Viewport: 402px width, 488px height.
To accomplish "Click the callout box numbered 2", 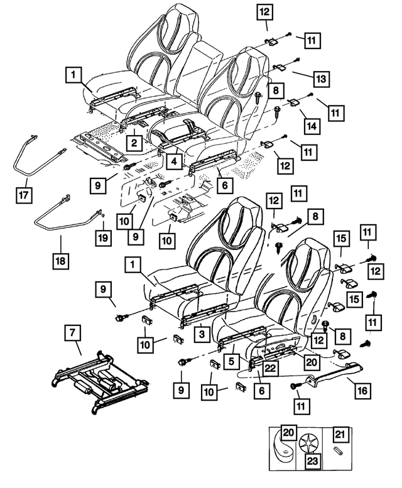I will click(134, 143).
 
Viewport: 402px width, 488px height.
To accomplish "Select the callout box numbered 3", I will click(201, 334).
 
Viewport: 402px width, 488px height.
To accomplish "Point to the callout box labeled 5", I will click(234, 362).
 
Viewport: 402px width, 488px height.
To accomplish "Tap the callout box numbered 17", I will click(24, 195).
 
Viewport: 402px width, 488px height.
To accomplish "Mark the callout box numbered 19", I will click(103, 237).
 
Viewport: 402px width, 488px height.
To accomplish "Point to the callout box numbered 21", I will click(339, 434).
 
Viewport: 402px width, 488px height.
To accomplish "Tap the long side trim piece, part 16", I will click(333, 377).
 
